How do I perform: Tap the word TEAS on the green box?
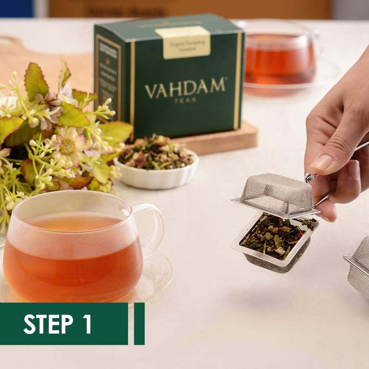point(185,100)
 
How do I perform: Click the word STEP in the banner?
point(48,324)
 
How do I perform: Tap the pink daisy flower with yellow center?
point(67,145)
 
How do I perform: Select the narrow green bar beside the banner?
point(139,324)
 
